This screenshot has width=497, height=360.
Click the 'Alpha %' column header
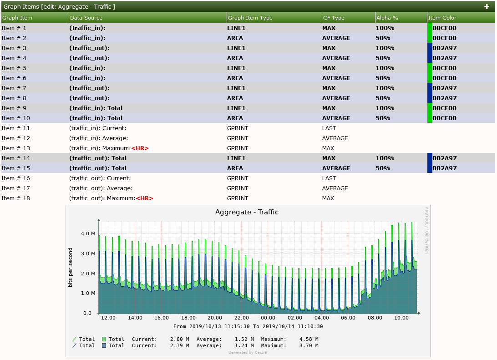coord(387,18)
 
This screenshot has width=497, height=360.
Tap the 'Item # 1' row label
coord(14,28)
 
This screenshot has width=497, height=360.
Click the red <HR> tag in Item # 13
coord(140,148)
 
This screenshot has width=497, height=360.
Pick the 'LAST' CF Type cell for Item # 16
coord(329,178)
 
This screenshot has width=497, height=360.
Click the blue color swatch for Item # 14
coord(430,158)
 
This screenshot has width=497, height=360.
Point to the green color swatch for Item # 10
coord(430,118)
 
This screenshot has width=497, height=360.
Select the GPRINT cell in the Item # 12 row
coord(238,138)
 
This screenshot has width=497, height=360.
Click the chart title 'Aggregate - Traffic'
coord(247,212)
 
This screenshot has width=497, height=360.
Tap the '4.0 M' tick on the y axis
coord(88,233)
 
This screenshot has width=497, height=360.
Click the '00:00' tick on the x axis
coord(268,318)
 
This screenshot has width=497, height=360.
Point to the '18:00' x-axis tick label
coord(188,318)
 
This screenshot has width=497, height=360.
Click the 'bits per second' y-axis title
coord(71,267)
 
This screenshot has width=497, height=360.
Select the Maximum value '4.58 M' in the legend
coord(309,339)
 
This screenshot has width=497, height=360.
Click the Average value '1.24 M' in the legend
coord(244,345)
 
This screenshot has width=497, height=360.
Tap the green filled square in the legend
coord(104,339)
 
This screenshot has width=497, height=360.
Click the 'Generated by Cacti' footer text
coord(248,352)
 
